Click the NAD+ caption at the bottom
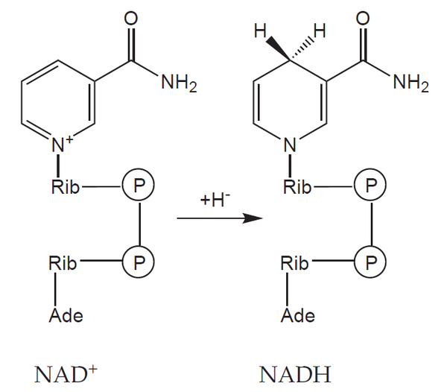coord(66,374)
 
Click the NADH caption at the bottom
coord(295,374)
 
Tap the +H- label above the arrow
coord(215,200)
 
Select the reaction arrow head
coord(253,218)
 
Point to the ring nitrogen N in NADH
coord(291,145)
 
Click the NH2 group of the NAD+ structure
coord(179,83)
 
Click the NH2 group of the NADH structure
coord(410,83)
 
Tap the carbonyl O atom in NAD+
coord(131,19)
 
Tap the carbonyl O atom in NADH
coord(363,19)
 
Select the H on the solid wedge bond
coord(260,31)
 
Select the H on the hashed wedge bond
coord(320,31)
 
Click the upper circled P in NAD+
coord(139,185)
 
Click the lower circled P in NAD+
coord(139,262)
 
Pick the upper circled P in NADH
coord(370,185)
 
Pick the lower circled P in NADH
coord(370,262)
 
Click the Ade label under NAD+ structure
coord(66,315)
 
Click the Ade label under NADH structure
coord(297,315)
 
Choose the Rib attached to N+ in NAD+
coord(66,187)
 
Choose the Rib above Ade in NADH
coord(294,262)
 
